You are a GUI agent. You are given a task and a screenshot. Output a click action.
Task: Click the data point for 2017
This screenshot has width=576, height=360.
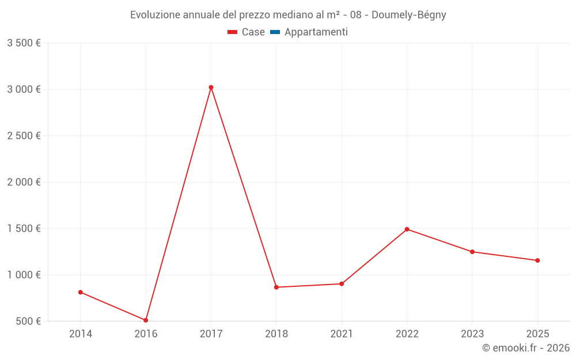click(211, 88)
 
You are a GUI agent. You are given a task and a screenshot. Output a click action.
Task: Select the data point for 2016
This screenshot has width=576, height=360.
click(146, 320)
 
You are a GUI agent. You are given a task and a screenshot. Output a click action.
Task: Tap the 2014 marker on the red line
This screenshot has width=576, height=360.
click(81, 292)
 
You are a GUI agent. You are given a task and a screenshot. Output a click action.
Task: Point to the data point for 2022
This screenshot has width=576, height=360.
click(407, 229)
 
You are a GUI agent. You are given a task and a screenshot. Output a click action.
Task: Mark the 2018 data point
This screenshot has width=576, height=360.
click(276, 287)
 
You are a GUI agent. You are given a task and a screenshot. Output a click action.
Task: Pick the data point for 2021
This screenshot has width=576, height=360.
click(342, 283)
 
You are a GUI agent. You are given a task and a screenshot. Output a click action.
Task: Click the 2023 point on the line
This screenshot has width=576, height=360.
click(472, 252)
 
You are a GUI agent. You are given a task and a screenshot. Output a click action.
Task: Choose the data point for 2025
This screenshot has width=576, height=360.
click(537, 260)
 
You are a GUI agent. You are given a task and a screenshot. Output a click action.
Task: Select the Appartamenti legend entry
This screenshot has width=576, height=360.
click(316, 32)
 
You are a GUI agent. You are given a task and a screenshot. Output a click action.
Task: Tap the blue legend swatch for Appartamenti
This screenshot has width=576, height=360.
click(275, 32)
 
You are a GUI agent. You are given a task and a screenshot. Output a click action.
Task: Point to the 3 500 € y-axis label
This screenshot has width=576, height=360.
click(24, 43)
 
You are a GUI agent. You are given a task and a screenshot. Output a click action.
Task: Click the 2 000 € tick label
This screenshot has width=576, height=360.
click(24, 182)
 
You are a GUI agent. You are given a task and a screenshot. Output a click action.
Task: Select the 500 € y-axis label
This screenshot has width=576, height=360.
click(28, 321)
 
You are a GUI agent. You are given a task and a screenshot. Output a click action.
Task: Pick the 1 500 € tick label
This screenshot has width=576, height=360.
click(24, 229)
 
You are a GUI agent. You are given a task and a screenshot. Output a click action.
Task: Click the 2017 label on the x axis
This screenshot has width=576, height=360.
click(211, 334)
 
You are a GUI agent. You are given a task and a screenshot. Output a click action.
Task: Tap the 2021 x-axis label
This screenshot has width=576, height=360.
click(342, 334)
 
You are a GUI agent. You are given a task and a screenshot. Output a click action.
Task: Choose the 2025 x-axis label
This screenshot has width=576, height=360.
click(537, 334)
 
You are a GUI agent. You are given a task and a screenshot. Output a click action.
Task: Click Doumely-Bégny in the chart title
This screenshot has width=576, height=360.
click(408, 15)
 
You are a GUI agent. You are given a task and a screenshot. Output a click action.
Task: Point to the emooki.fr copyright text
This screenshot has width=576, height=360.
click(525, 348)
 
